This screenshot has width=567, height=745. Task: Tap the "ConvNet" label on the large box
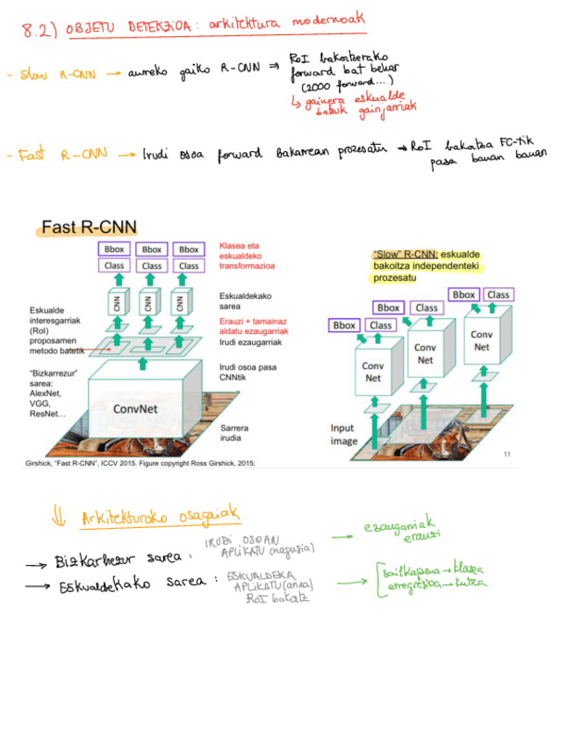click(x=135, y=409)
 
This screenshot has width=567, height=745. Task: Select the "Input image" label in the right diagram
click(x=343, y=435)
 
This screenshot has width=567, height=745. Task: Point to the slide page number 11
click(x=506, y=453)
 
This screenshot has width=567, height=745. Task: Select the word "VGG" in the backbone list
click(x=39, y=402)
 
